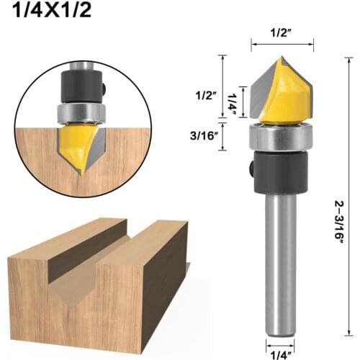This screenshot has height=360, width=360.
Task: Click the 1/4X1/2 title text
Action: [50, 13]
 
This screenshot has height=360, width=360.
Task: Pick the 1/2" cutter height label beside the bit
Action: [205, 94]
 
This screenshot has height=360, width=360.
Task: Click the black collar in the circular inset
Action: [83, 83]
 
